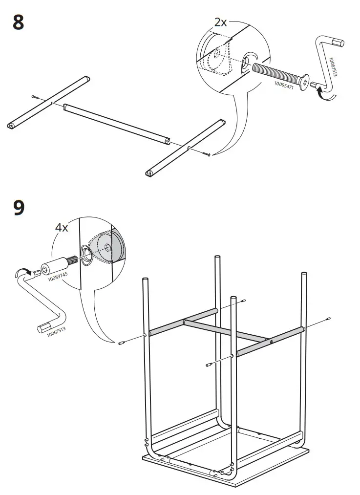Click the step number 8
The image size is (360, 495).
(19, 23)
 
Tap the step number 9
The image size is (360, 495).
(19, 208)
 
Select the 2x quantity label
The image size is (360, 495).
(221, 22)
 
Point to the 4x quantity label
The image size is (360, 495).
(62, 228)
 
